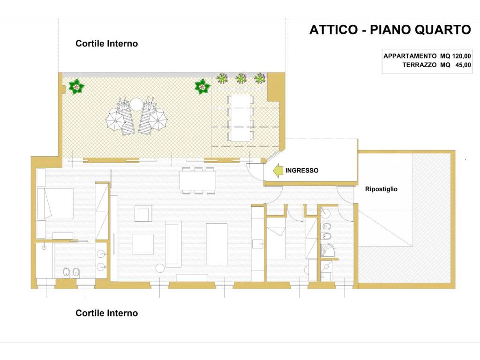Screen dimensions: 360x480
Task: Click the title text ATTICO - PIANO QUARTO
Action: [390, 30]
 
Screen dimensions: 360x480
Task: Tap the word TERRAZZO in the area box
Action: [420, 65]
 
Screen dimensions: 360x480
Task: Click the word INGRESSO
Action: [302, 171]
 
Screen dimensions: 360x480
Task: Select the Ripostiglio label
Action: [381, 189]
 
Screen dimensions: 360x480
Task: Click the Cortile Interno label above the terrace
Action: [107, 44]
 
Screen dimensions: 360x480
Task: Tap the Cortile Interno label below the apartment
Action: [107, 313]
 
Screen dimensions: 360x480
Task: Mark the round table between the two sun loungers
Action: [136, 104]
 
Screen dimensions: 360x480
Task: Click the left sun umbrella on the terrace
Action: [114, 121]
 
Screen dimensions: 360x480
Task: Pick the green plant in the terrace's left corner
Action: [75, 86]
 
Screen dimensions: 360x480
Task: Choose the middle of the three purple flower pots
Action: [241, 78]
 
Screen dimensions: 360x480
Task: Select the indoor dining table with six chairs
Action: [197, 180]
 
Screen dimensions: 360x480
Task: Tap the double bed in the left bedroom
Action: [55, 203]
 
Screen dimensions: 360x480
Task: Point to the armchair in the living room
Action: [143, 214]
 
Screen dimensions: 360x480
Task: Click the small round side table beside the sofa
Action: [160, 268]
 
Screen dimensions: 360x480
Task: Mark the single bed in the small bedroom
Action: [277, 241]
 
